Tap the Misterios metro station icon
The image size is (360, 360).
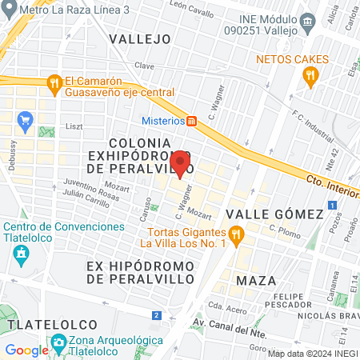pos(192,122)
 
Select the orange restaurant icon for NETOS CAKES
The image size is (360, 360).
pos(311,76)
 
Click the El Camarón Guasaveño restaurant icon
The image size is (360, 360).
pos(54,81)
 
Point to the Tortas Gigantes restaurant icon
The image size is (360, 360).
pos(235,234)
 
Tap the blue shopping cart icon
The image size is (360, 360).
pos(25,122)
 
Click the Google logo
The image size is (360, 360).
pos(26,350)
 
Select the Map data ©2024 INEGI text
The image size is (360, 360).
pos(313,354)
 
